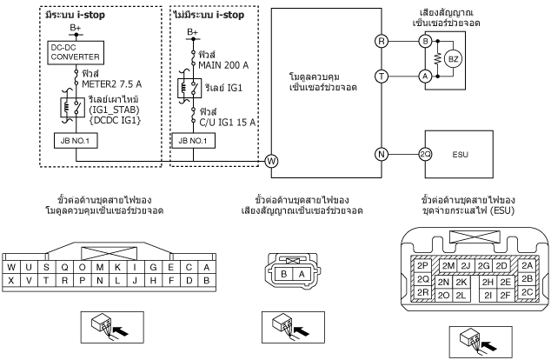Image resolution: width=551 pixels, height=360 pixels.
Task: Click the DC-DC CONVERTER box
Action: coord(76,53)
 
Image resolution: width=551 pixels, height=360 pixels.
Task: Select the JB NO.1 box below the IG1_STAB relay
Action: coord(76,141)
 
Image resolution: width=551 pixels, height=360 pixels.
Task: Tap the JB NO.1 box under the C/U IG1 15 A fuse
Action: coord(193,141)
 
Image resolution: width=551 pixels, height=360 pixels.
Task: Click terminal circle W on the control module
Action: coord(271,162)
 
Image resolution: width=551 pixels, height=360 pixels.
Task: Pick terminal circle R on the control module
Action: coord(382,41)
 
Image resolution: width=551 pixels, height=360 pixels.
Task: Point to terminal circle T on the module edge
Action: coord(382,77)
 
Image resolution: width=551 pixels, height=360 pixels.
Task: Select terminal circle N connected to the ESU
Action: coord(382,154)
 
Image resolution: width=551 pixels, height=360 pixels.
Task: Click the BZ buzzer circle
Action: coord(453,59)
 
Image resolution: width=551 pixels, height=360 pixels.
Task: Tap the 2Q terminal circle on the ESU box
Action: coord(425,154)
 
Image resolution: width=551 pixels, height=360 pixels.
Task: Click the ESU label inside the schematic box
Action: coord(460,154)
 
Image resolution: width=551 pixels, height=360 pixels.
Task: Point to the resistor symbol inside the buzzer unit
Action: coord(437,59)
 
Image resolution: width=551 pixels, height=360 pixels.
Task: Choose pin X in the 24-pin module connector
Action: coord(11,280)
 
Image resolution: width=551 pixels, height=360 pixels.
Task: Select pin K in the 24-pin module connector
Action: coord(117,268)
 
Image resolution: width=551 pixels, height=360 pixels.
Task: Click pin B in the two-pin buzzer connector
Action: coord(284,274)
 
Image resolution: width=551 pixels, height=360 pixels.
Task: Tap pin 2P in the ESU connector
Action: coord(422,265)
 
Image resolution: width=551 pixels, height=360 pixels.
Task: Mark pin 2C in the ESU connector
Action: coord(527,292)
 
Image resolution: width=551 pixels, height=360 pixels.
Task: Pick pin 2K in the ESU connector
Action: coord(461,283)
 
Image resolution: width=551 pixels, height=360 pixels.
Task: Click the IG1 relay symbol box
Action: coord(189,88)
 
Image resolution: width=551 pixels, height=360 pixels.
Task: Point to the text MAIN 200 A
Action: coord(223,65)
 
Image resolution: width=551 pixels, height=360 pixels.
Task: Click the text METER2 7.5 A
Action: coord(112,84)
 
